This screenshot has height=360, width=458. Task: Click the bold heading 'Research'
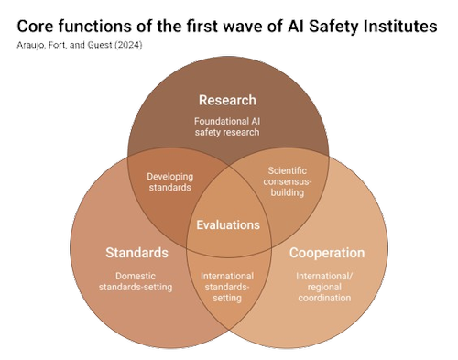(228, 100)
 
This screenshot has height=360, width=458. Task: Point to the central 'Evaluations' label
(228, 224)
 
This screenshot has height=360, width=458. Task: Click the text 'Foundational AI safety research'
(228, 126)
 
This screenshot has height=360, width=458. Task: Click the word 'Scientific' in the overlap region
(287, 169)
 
